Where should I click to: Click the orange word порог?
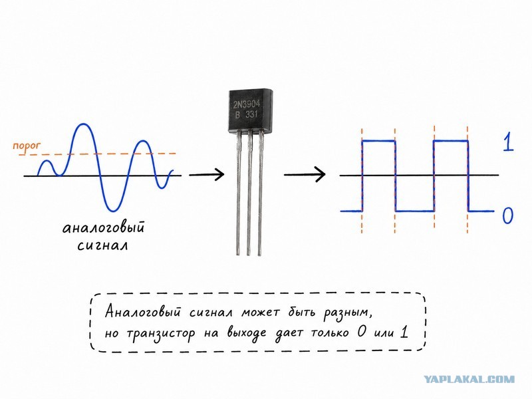point(27,146)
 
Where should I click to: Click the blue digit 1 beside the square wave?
point(508,142)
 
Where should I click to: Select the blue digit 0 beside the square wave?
point(507,215)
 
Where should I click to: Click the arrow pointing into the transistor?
point(207,174)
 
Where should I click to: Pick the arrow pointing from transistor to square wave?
point(305,174)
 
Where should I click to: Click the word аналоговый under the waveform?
point(104,227)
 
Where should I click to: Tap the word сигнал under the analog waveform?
point(103,245)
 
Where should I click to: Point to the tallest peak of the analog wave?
point(82,124)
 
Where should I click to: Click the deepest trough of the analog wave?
point(113,210)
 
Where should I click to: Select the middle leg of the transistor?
point(249,193)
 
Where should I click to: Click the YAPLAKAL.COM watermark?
point(469,379)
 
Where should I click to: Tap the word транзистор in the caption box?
point(161,334)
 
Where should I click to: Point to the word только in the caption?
point(329,333)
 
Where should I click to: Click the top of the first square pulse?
point(378,141)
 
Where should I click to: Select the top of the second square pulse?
point(451,141)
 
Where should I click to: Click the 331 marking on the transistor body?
point(251,114)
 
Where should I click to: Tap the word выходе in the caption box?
point(247,334)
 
